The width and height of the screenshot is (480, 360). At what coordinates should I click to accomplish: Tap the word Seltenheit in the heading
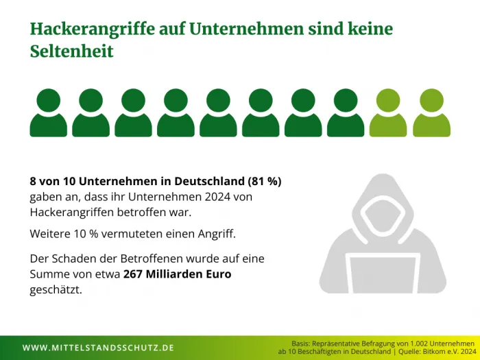coord(71,51)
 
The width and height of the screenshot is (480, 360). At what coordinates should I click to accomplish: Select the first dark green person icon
coord(49,113)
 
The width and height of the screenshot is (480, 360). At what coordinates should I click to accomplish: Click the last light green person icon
coord(431,113)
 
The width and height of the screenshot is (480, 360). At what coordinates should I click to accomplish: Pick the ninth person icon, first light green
coord(389,113)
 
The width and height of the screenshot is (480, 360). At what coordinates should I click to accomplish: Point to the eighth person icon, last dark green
coord(346,113)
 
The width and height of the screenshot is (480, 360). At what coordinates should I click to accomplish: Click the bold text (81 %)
coord(264,182)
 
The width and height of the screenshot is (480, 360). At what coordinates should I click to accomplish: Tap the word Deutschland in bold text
coord(208,182)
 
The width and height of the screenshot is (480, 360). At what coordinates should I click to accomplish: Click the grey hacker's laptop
coord(383,275)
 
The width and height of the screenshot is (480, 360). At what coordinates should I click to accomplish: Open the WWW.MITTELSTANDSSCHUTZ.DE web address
coord(98,348)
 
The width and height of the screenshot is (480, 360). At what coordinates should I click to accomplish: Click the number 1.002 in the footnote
coord(403,342)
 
